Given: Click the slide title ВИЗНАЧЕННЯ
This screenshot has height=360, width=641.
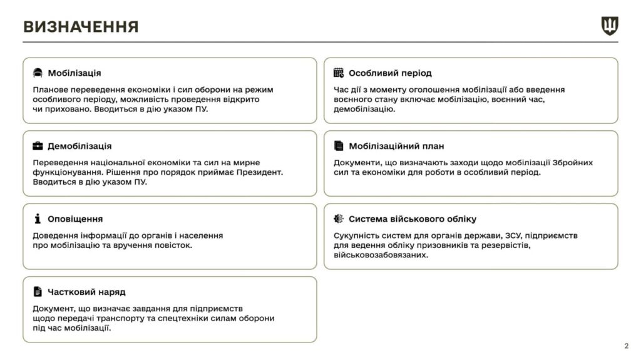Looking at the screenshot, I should tap(81, 26).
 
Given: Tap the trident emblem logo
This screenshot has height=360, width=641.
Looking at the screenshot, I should tap(609, 26).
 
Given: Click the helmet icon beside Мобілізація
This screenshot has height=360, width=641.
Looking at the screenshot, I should tap(38, 73).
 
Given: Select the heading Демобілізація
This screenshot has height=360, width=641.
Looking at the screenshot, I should tap(80, 146).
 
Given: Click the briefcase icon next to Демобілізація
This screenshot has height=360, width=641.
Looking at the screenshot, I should tap(38, 146).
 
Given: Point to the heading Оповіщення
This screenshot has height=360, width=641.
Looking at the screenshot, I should tap(75, 219).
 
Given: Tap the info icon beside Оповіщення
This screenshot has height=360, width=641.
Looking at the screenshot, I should tap(38, 219).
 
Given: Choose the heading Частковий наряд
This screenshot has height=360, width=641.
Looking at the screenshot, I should tap(86, 292).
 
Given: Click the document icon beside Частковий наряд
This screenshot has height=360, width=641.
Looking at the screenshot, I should tap(38, 292).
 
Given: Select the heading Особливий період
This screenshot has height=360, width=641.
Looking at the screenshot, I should tap(390, 73).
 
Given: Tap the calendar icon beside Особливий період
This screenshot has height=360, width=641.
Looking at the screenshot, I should tap(339, 73).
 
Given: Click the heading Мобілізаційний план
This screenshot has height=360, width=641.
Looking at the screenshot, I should tap(396, 146).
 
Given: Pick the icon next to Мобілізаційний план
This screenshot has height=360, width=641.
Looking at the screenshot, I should tap(339, 146).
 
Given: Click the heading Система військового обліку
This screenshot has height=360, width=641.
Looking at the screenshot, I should tap(413, 219).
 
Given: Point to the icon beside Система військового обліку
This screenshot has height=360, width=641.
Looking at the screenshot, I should tap(339, 219).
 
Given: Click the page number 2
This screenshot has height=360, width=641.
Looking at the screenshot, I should tap(626, 346).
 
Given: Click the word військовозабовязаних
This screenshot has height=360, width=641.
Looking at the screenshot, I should tap(381, 255).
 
